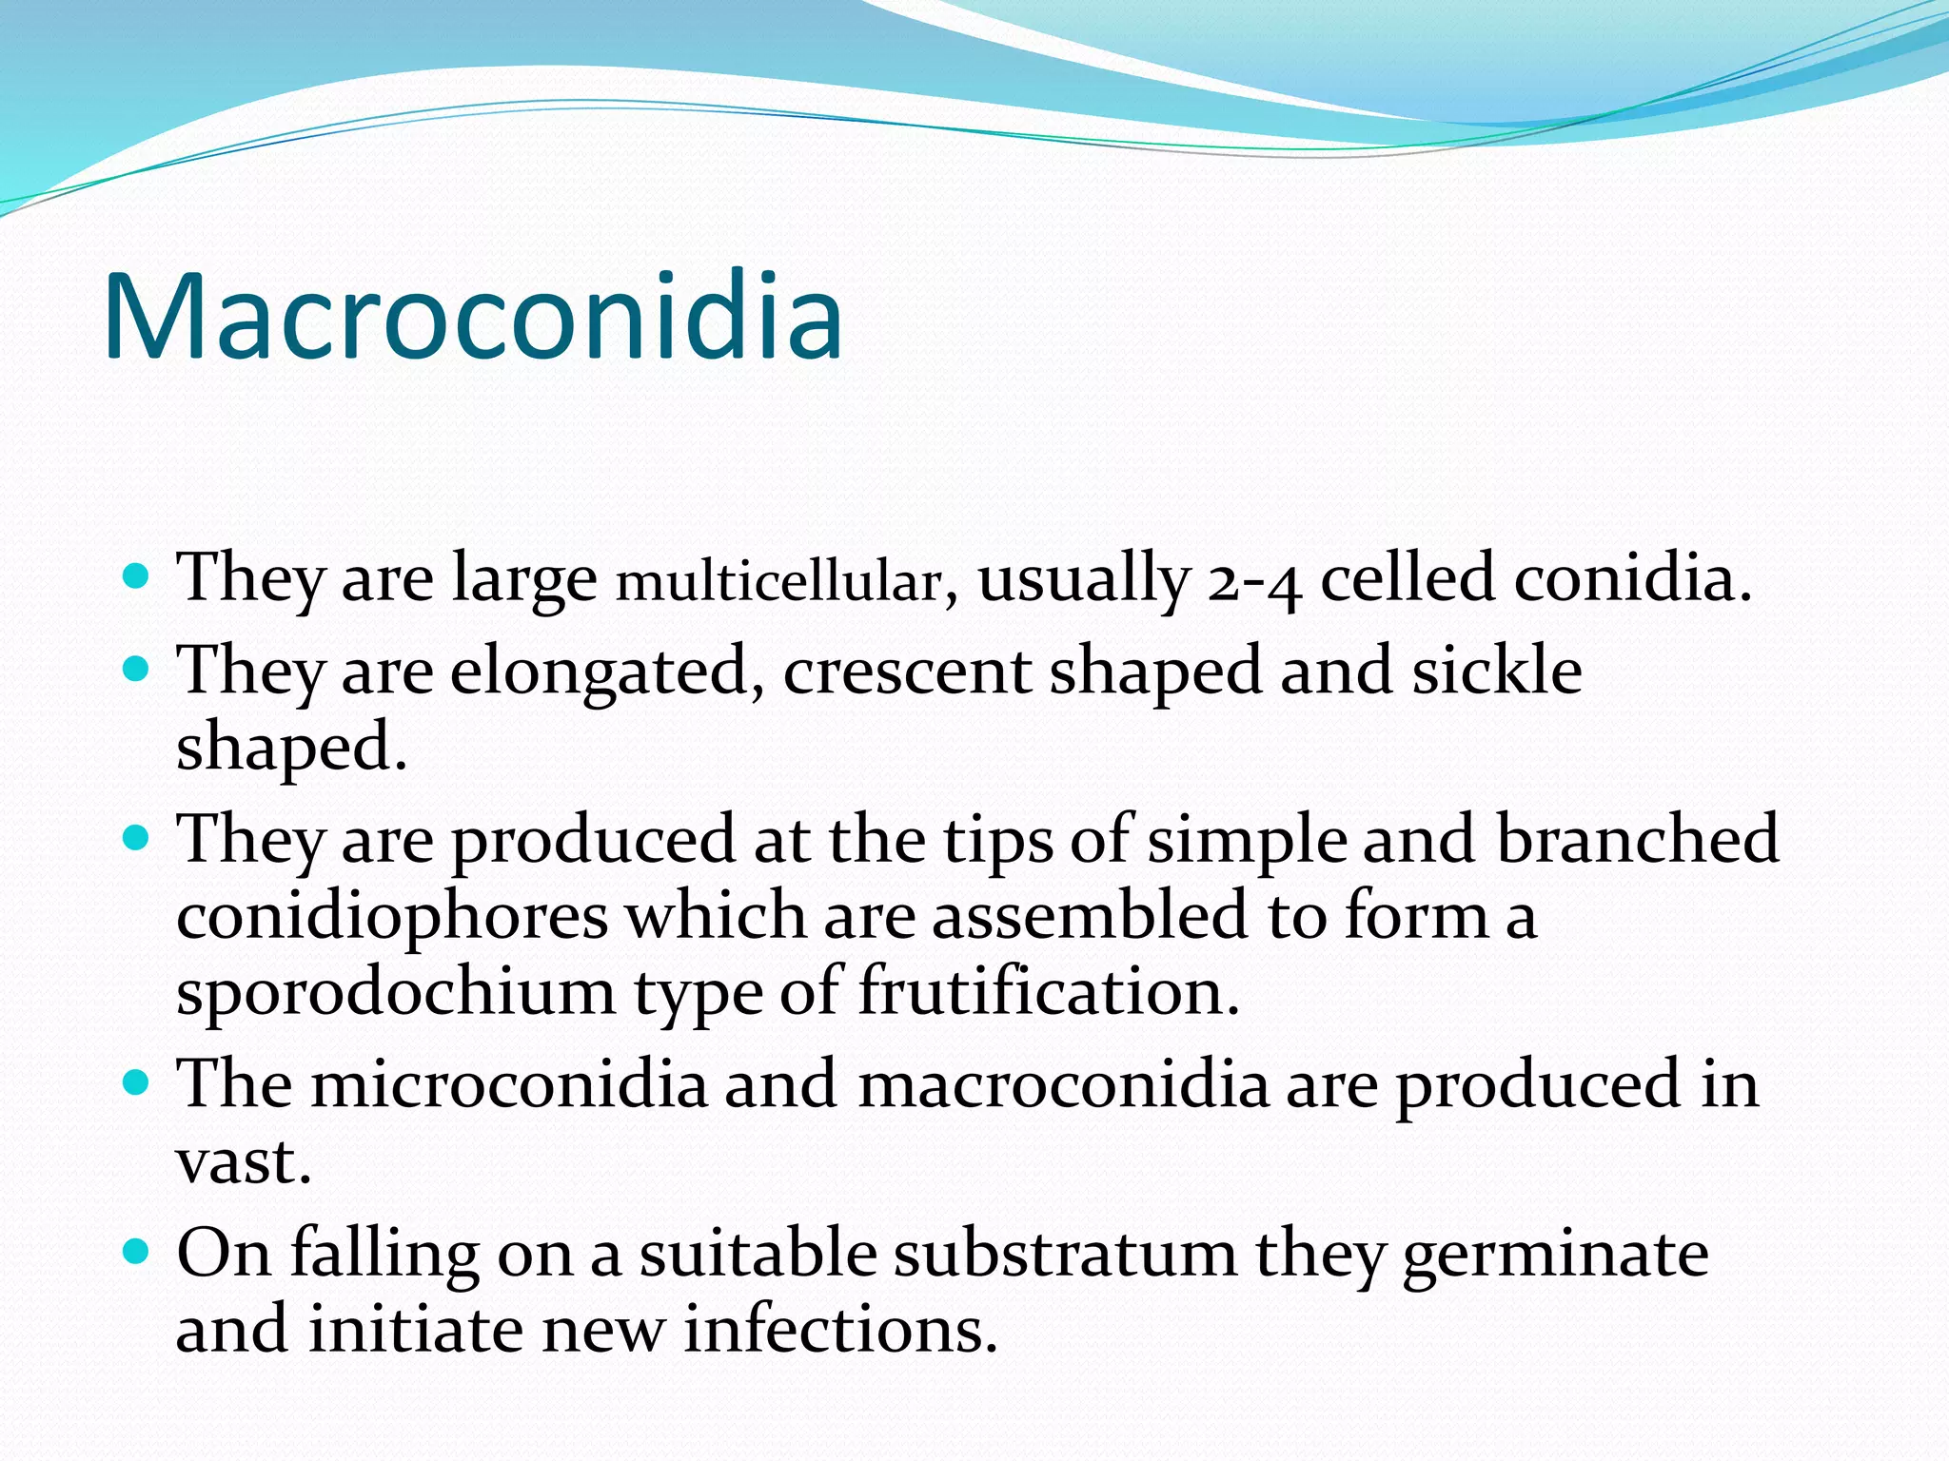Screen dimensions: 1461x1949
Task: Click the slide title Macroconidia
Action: click(x=473, y=317)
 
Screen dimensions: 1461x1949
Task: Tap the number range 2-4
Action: click(x=1253, y=580)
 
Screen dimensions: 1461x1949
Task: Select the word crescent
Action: click(x=907, y=671)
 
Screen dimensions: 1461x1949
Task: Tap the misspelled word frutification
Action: click(x=1049, y=991)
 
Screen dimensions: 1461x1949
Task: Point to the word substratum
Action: click(x=1064, y=1254)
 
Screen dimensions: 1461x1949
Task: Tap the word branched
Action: click(x=1637, y=840)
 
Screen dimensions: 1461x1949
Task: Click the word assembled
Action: click(x=1089, y=916)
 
